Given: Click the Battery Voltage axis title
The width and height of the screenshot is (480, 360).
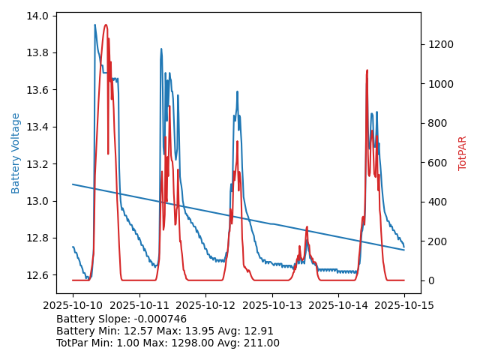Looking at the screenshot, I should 16,153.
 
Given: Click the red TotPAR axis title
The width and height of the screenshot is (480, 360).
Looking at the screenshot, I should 463,153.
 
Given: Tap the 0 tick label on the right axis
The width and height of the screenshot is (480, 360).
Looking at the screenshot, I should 430,280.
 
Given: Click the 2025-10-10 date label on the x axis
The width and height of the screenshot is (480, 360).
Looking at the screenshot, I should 73,305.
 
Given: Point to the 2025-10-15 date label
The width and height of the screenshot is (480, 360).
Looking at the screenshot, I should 404,305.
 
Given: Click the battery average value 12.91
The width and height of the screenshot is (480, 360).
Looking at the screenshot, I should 259,331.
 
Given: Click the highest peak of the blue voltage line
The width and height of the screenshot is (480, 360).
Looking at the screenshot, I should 95,25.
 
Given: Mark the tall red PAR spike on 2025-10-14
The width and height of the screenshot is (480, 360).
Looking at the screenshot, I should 367,71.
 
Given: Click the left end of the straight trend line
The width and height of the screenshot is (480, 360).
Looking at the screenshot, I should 73,184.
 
